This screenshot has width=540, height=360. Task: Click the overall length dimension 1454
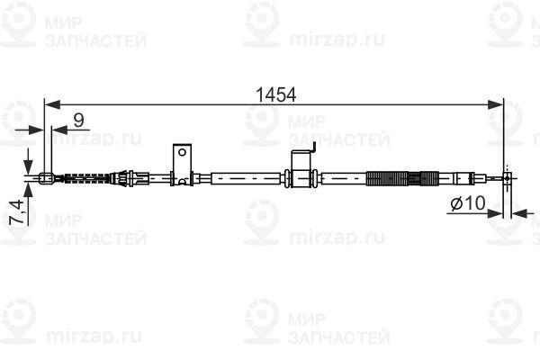click(275, 93)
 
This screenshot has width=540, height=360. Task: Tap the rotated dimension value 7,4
click(15, 214)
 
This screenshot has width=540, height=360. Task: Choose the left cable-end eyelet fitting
click(46, 178)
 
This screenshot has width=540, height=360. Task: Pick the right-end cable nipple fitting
click(508, 178)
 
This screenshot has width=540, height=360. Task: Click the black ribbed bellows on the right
click(392, 177)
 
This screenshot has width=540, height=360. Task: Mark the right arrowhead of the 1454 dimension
click(500, 104)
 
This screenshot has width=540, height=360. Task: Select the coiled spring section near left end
click(85, 178)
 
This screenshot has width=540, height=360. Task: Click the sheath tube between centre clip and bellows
click(342, 178)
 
